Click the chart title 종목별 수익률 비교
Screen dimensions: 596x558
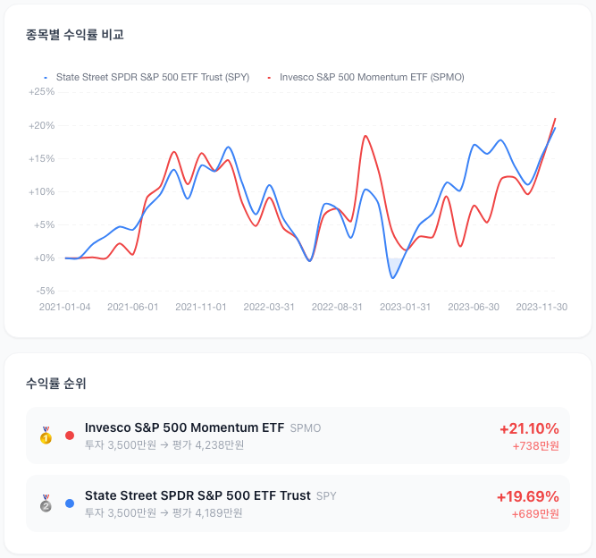coord(74,35)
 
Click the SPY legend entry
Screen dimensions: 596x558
coord(147,77)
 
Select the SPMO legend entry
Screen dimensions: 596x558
coord(366,77)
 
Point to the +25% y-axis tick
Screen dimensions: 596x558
coord(41,92)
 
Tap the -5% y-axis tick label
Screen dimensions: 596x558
coord(46,291)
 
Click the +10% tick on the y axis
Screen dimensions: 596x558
coord(41,191)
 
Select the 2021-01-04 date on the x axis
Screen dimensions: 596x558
coord(64,307)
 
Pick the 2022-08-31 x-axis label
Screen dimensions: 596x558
coord(337,307)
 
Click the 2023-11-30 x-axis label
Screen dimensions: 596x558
coord(541,307)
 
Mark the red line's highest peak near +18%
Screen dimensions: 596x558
coord(365,136)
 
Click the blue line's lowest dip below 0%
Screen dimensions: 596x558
coord(392,278)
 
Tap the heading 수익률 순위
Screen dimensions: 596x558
coord(56,383)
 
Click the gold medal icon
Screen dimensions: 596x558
coord(46,435)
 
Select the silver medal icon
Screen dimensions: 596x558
coord(46,503)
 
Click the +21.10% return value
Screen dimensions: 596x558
coord(529,428)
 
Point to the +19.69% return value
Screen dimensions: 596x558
coord(528,497)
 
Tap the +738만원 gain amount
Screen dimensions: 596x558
coord(535,446)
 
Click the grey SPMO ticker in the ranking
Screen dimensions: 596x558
coord(306,428)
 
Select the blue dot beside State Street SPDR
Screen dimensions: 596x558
coord(70,503)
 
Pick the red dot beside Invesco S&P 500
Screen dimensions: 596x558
coord(70,435)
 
